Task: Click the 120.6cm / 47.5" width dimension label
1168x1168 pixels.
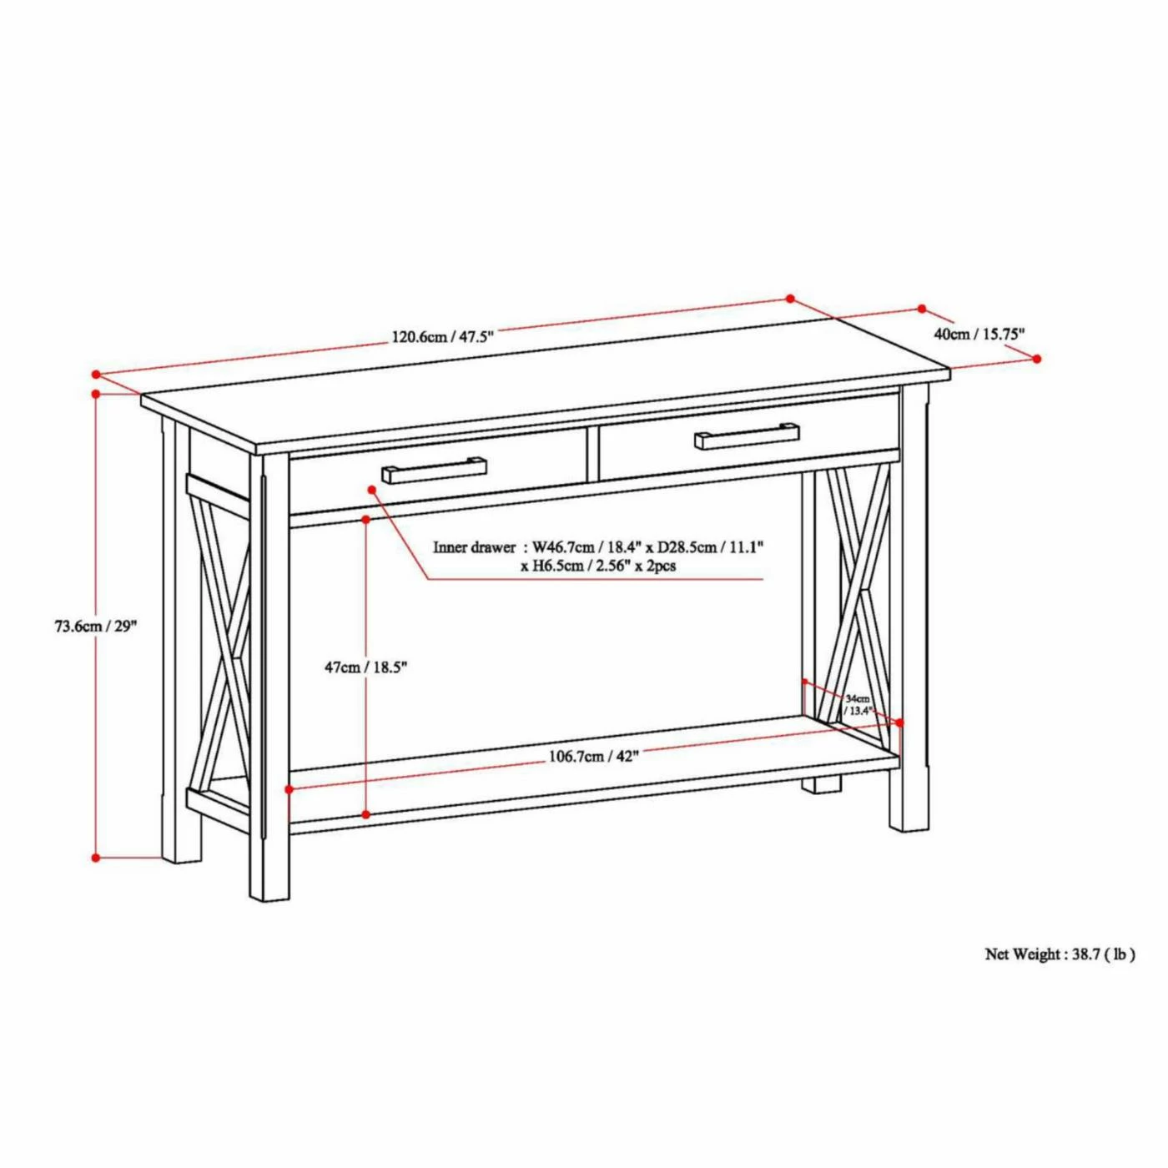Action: (442, 337)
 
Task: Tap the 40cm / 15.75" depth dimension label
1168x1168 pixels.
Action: (979, 334)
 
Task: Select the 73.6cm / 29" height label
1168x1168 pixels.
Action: (95, 626)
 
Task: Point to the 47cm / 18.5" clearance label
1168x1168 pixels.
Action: (365, 667)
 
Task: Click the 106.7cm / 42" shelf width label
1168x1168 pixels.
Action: (593, 757)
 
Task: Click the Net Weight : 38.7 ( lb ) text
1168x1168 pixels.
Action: (1060, 954)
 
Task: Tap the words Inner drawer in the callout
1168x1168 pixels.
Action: (474, 547)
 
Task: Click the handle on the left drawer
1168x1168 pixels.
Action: (434, 470)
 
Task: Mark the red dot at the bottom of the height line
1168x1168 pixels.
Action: (96, 857)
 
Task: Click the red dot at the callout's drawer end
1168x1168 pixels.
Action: (370, 489)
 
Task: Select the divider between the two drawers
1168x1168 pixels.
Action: (592, 455)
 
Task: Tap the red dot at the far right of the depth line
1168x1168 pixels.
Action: (1037, 359)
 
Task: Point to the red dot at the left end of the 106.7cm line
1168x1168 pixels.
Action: (289, 788)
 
